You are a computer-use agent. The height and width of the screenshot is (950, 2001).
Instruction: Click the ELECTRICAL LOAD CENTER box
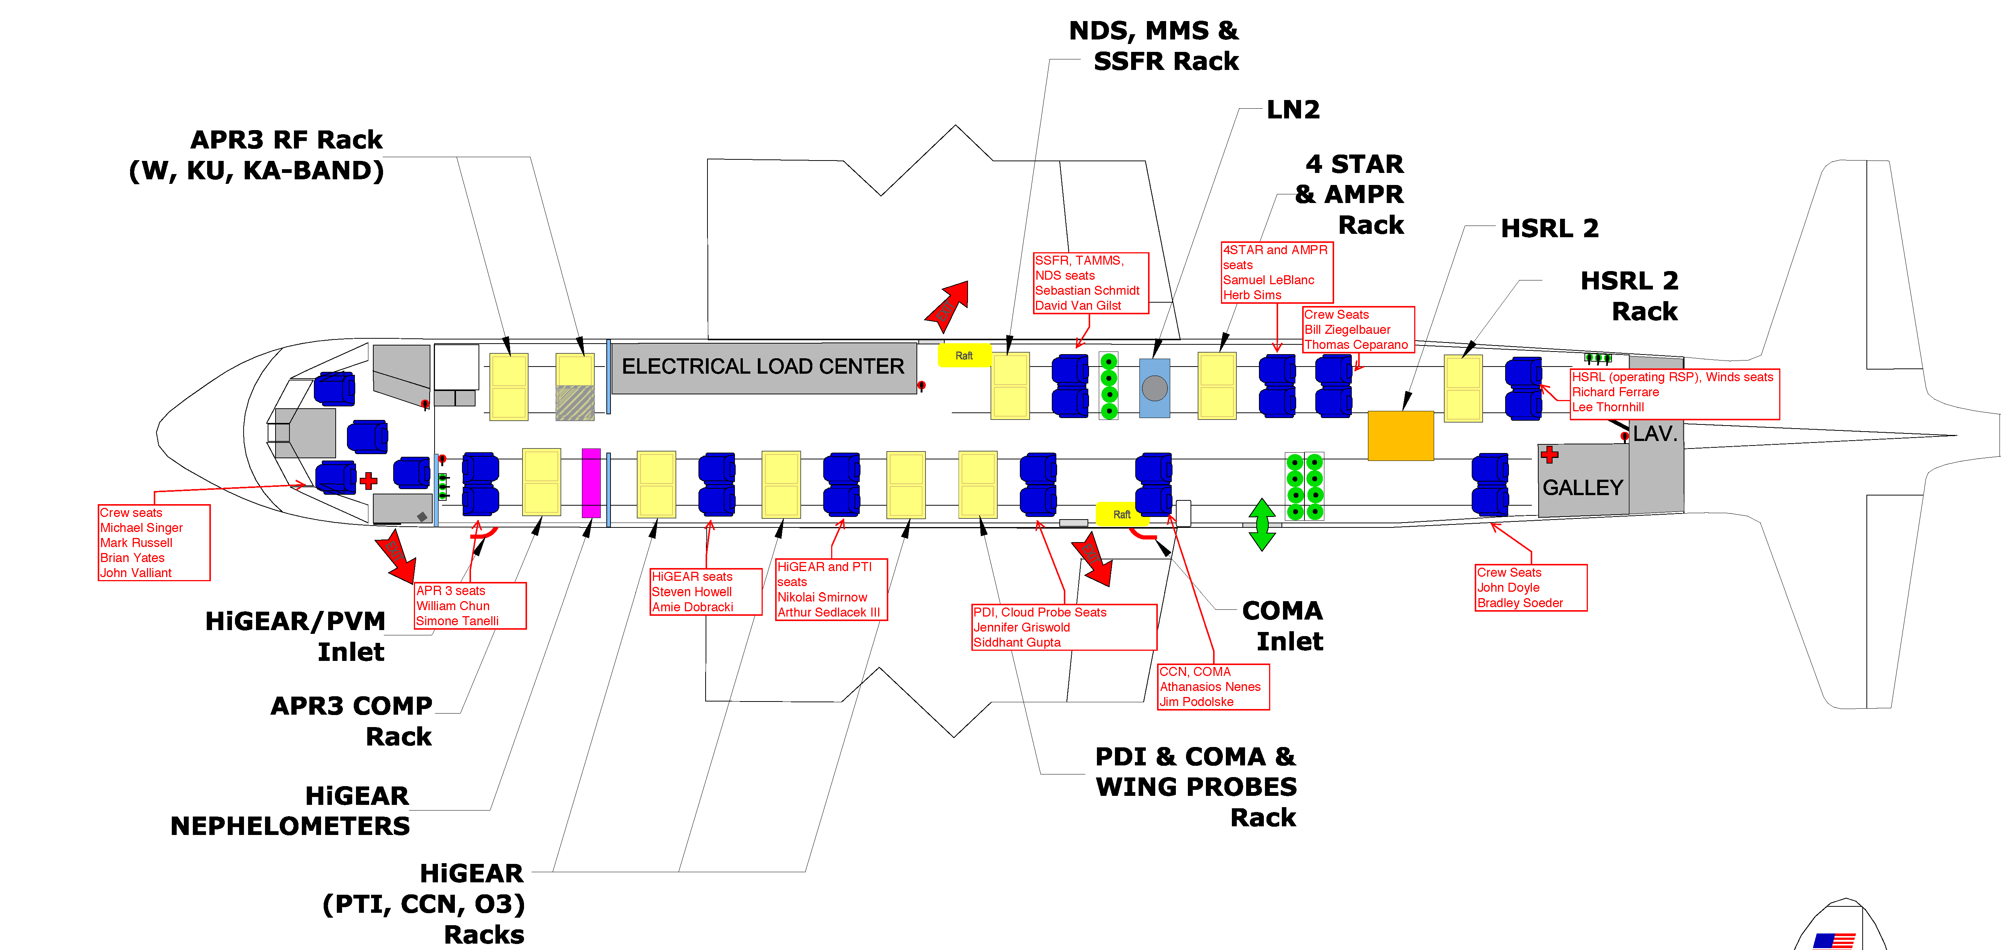(x=763, y=367)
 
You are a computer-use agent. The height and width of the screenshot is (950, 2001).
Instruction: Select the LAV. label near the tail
(x=1654, y=433)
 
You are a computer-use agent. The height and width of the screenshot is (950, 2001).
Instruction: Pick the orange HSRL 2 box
(x=1401, y=436)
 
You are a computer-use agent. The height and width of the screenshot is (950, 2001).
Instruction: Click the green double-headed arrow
(x=1262, y=525)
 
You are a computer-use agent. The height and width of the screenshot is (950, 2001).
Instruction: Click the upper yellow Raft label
(x=964, y=356)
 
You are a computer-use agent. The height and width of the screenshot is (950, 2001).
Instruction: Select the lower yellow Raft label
(x=1122, y=514)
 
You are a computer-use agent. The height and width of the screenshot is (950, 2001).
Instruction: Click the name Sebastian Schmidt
(x=1087, y=291)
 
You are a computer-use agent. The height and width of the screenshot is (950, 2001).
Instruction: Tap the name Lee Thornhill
(x=1608, y=407)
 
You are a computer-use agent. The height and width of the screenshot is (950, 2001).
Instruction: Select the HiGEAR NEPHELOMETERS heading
(x=290, y=811)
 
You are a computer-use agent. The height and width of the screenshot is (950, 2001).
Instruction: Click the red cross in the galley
(x=1550, y=455)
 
